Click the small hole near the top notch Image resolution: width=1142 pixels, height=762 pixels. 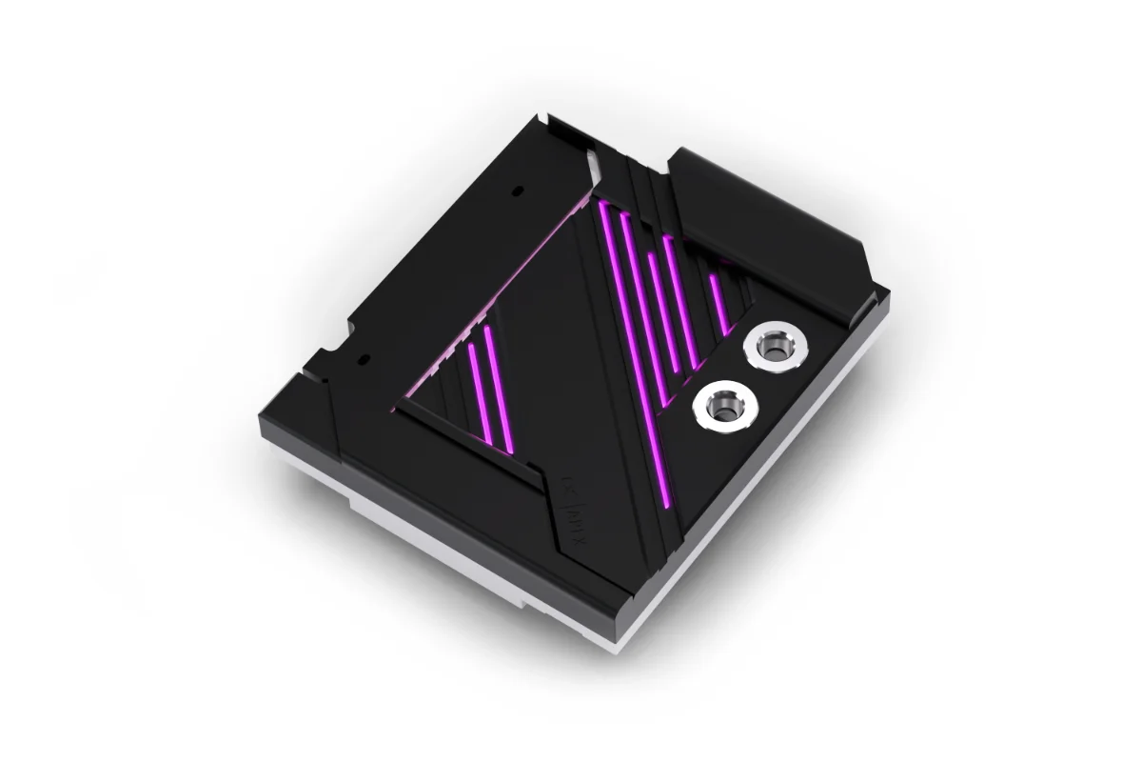click(515, 191)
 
